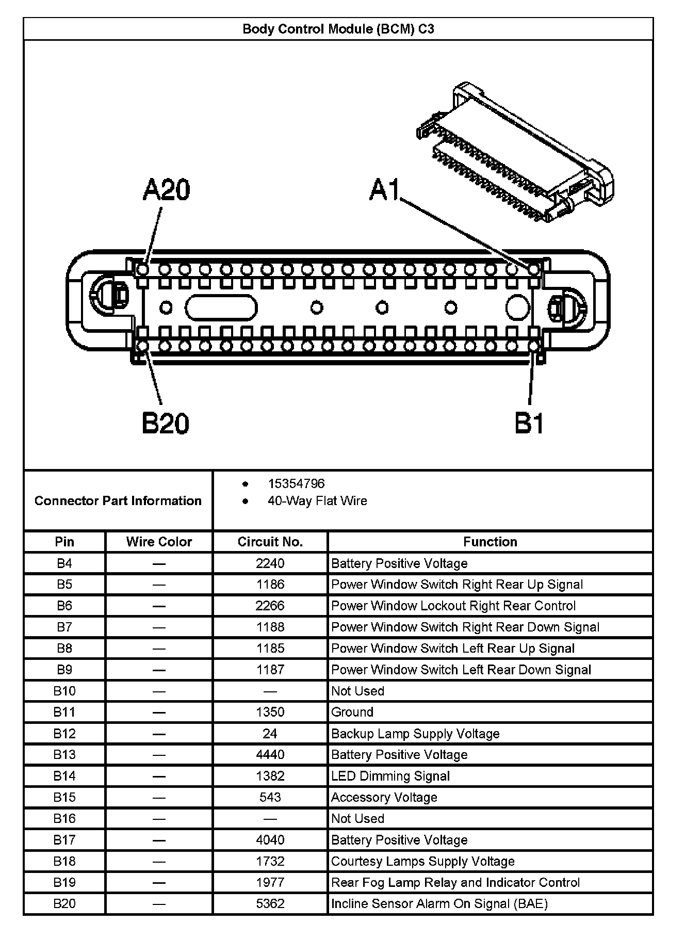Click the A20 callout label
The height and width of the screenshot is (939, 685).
(x=166, y=190)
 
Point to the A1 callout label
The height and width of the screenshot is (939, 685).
(x=385, y=190)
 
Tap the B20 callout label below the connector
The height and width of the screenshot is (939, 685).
(x=165, y=424)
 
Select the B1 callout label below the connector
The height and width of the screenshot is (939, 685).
(x=529, y=424)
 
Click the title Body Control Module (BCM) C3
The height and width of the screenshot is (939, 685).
(x=338, y=29)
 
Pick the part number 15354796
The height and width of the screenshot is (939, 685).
(x=296, y=483)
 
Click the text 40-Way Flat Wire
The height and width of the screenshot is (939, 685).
(x=317, y=501)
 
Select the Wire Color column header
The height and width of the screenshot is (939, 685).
(x=159, y=542)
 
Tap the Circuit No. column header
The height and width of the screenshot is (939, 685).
(x=270, y=542)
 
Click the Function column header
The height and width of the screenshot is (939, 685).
(x=490, y=542)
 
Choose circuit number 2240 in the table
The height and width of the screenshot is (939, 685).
(x=270, y=563)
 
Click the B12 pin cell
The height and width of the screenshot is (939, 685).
(x=64, y=734)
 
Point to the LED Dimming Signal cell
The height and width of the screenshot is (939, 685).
(x=390, y=776)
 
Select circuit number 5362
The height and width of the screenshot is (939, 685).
(x=270, y=903)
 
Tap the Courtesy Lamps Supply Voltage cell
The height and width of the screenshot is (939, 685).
(x=423, y=861)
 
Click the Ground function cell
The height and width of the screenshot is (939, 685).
(x=352, y=712)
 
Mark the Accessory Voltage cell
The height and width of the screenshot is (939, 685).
(x=384, y=797)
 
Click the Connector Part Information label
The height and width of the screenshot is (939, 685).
(x=118, y=501)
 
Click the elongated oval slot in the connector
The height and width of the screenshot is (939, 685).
(x=221, y=308)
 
